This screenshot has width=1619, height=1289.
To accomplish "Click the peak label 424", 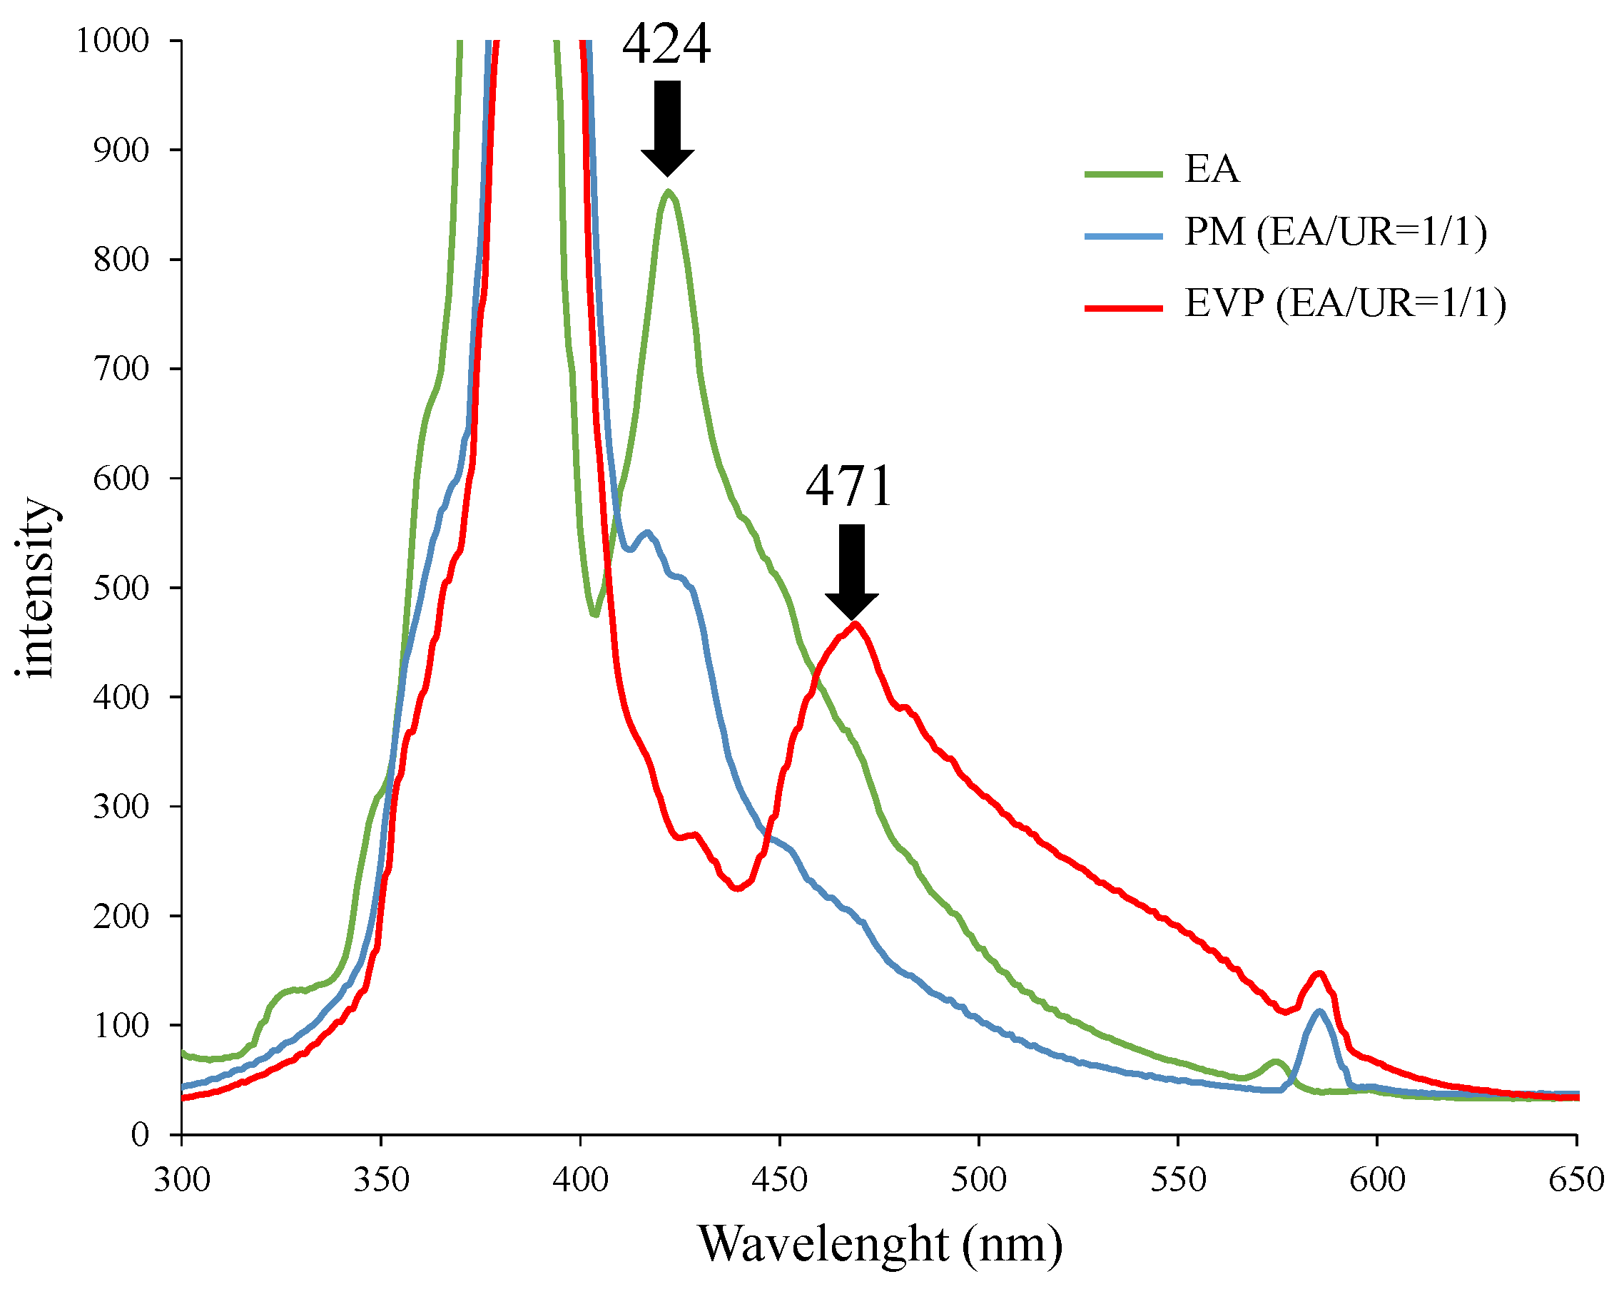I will pyautogui.click(x=666, y=45).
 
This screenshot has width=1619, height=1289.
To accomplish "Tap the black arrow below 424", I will pyautogui.click(x=667, y=128).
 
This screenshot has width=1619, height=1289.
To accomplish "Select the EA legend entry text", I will pyautogui.click(x=1212, y=169).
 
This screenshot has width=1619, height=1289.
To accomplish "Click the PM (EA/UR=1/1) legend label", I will pyautogui.click(x=1335, y=232).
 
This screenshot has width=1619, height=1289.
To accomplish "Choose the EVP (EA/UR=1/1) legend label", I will pyautogui.click(x=1345, y=304).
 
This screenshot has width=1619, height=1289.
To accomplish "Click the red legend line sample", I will pyautogui.click(x=1123, y=307).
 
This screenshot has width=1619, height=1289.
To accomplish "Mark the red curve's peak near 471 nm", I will pyautogui.click(x=855, y=624).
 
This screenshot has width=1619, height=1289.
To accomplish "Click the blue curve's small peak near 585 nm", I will pyautogui.click(x=1319, y=1012).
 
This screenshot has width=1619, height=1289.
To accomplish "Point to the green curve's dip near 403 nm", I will pyautogui.click(x=595, y=615).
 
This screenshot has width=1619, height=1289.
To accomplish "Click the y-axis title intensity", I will pyautogui.click(x=36, y=588).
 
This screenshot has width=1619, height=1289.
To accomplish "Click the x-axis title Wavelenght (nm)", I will pyautogui.click(x=880, y=1245).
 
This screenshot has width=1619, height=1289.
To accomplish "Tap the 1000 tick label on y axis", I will pyautogui.click(x=113, y=41).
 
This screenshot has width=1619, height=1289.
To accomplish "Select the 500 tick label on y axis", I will pyautogui.click(x=121, y=589).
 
